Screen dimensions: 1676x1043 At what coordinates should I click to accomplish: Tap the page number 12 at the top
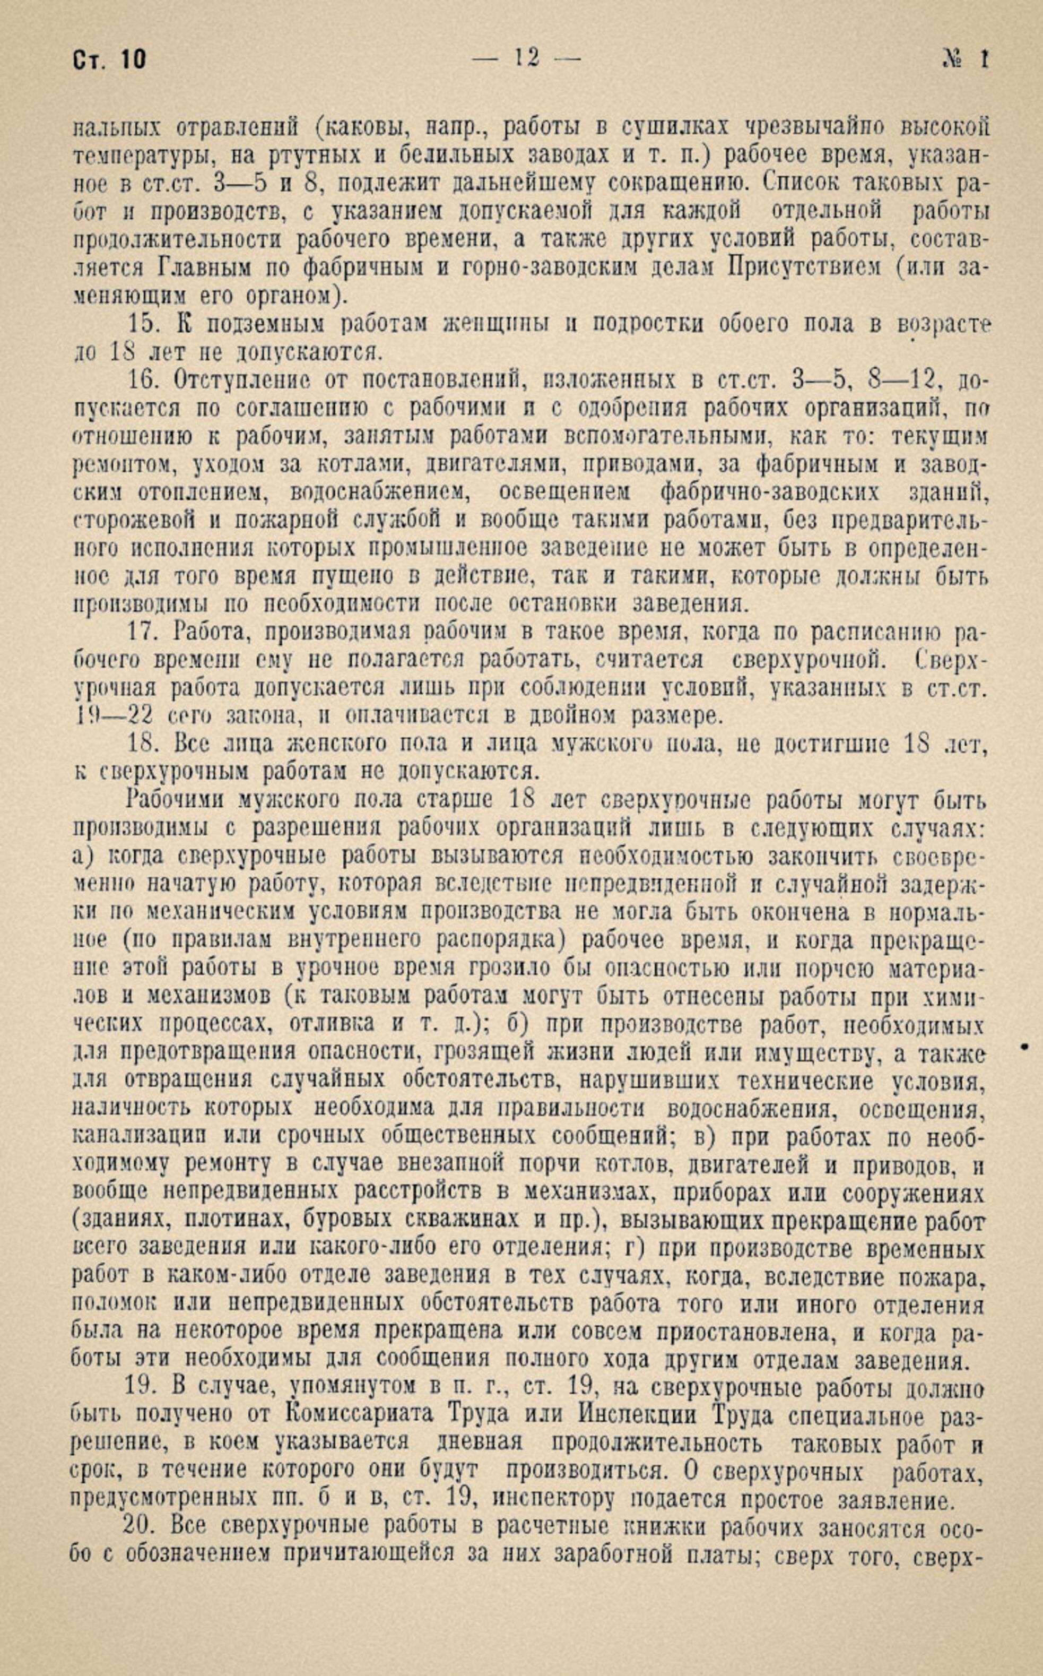click(x=526, y=58)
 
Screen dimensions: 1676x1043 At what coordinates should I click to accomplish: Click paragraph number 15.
click(x=143, y=324)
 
